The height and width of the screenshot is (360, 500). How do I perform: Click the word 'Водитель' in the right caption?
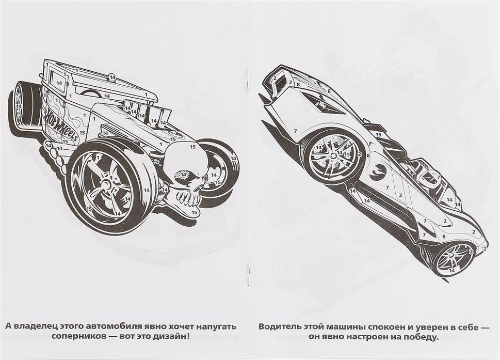click(279, 327)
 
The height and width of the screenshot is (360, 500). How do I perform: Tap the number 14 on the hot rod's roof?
click(112, 77)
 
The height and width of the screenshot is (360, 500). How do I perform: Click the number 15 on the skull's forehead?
click(192, 147)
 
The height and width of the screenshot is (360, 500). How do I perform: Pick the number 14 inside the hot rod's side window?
click(59, 83)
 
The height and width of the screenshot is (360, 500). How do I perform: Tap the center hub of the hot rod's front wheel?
click(105, 184)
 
